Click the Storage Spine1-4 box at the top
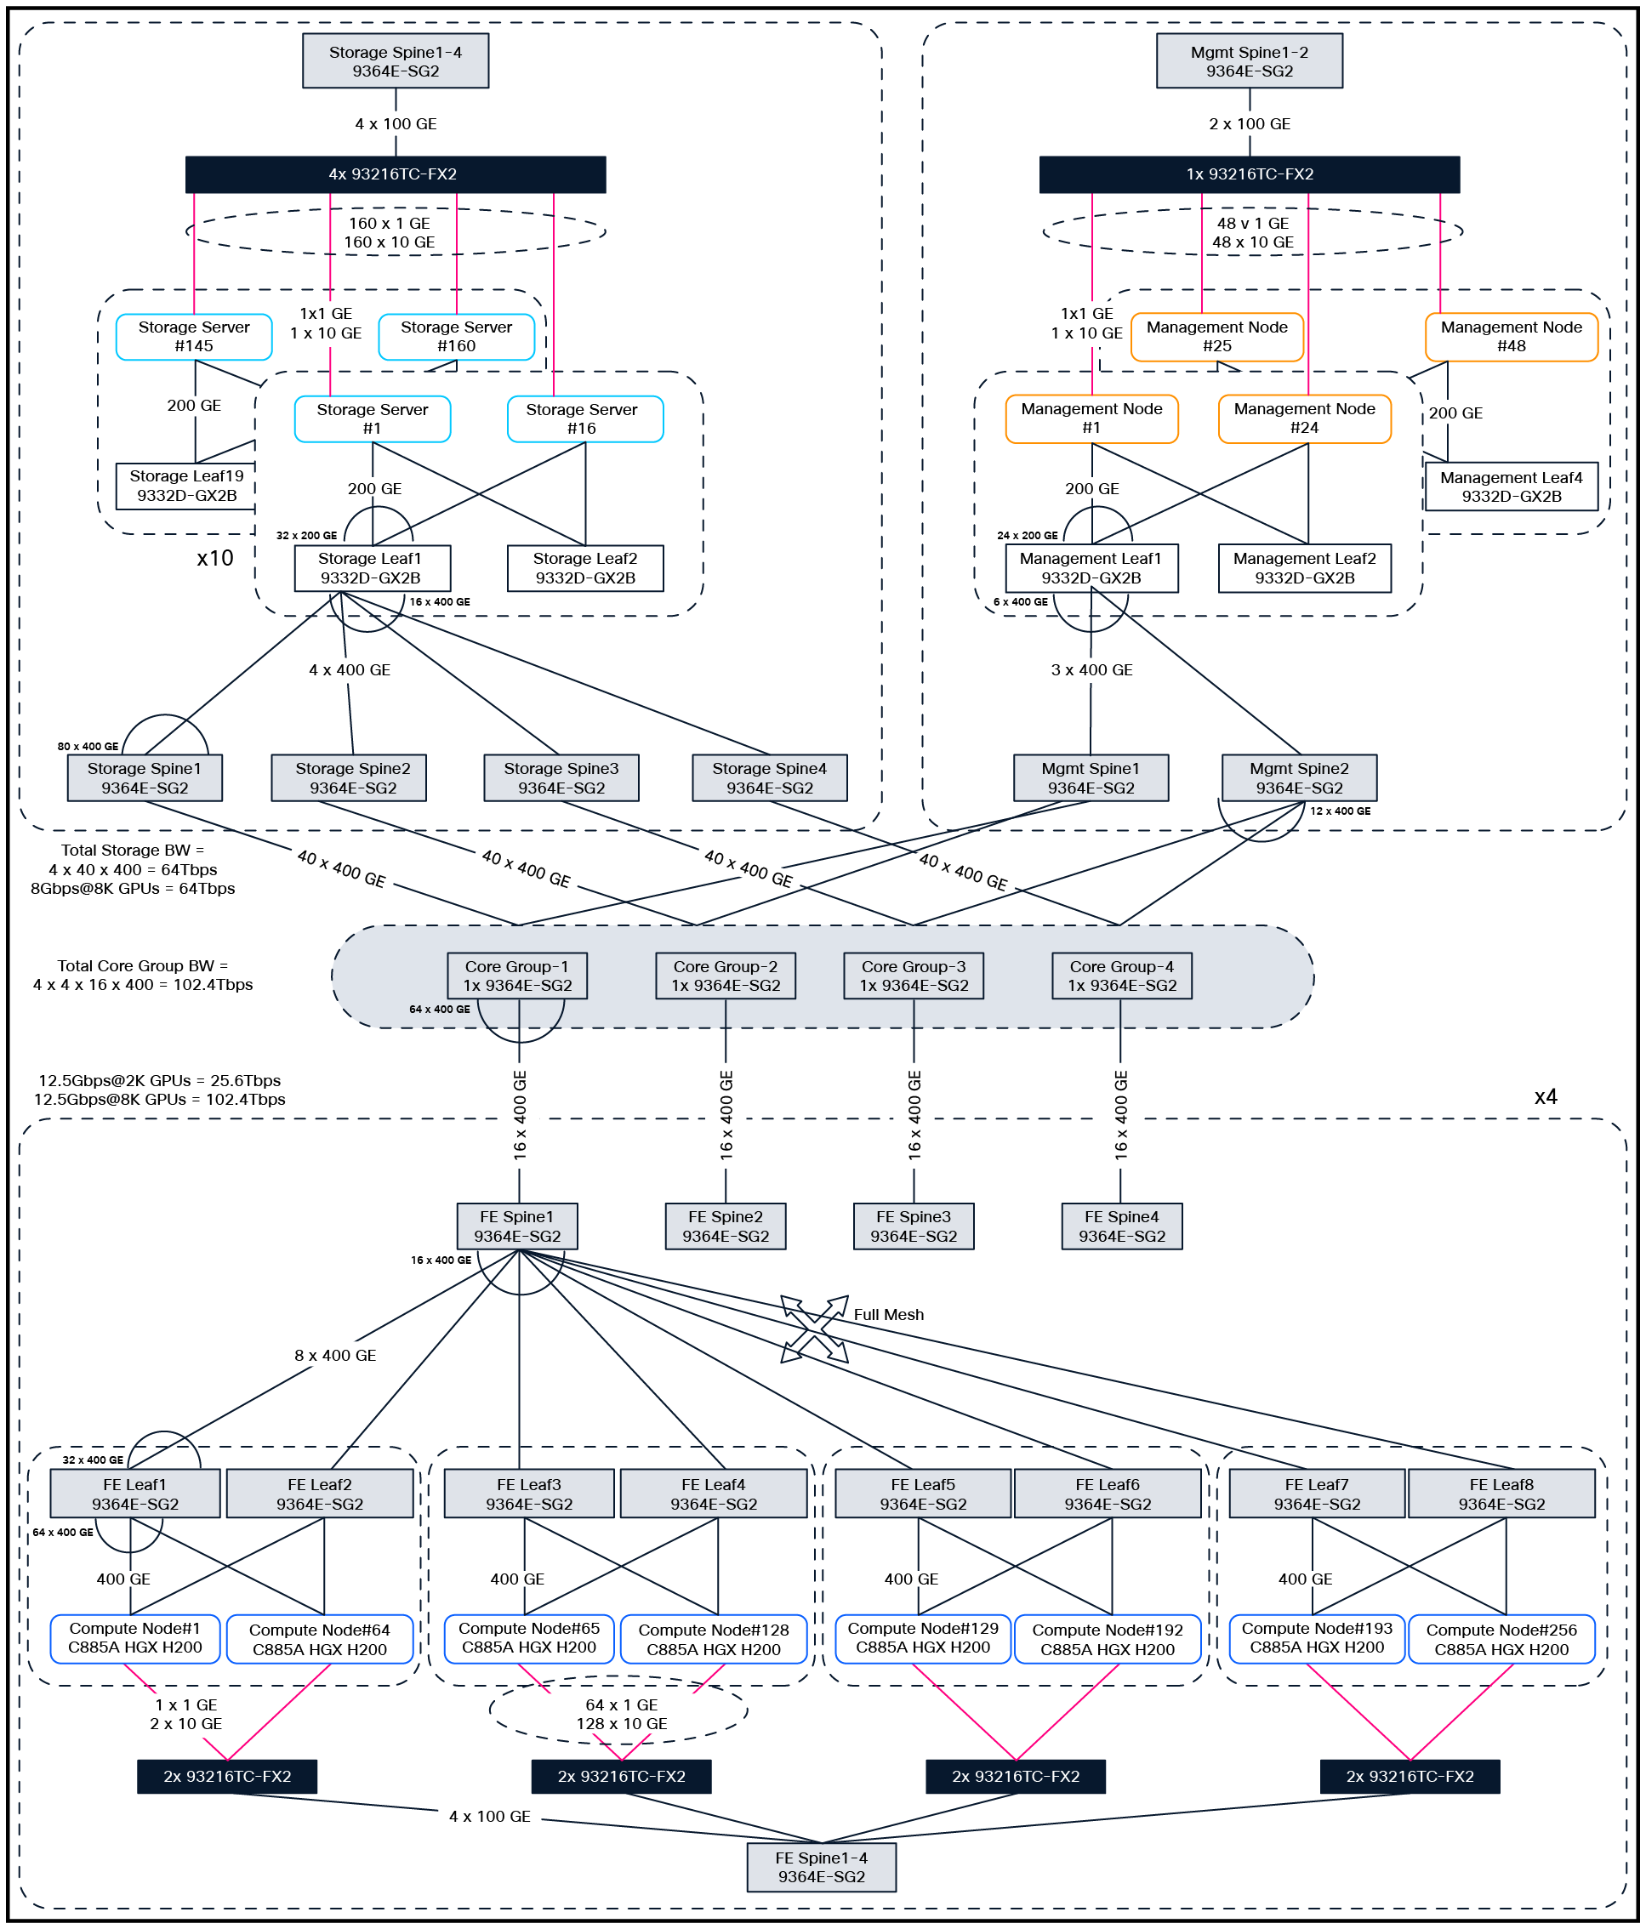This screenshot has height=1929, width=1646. [395, 61]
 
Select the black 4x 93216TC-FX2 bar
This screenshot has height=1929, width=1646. [395, 174]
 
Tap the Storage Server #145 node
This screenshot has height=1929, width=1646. [194, 336]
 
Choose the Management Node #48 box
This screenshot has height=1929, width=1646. [1510, 336]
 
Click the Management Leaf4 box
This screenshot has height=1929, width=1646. [1510, 486]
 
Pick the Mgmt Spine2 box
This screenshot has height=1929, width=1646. [1298, 777]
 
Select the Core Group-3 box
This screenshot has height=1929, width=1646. [913, 975]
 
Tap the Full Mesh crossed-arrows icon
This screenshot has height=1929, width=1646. [814, 1329]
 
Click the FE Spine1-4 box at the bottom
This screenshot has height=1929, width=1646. [820, 1866]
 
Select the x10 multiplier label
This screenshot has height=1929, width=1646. [214, 558]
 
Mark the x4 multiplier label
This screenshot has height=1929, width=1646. [1545, 1095]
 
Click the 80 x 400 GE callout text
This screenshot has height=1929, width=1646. [88, 746]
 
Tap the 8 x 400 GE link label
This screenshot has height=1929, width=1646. [335, 1355]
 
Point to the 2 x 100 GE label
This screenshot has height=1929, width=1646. [1249, 124]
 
